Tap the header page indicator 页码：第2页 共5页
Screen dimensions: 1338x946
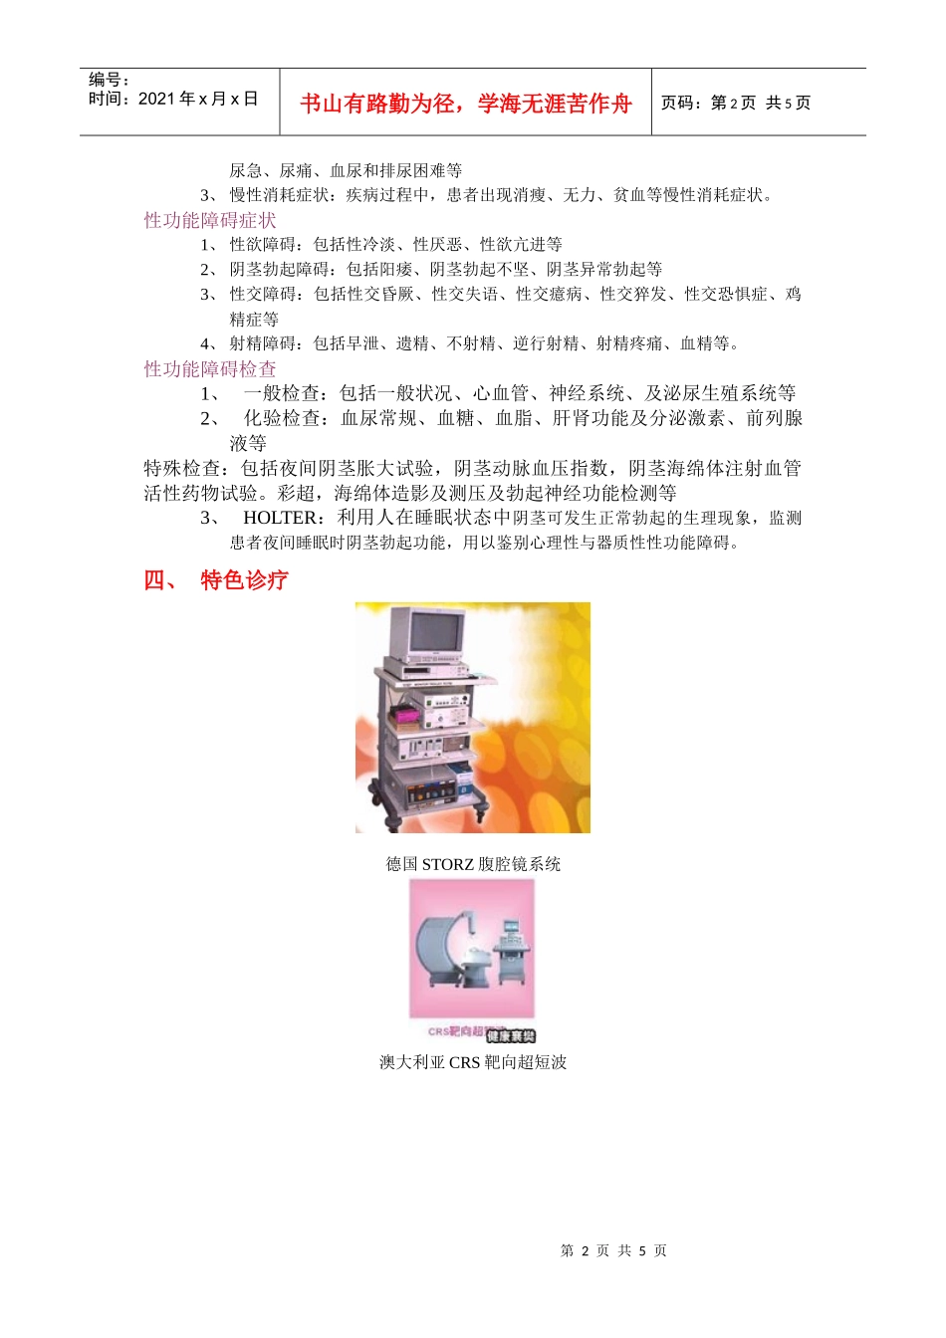tap(736, 103)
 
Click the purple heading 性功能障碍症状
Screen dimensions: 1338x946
tap(210, 220)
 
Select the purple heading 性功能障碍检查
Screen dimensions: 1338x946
tap(210, 369)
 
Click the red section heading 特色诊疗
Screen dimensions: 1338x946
tap(244, 580)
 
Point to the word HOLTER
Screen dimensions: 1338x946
tap(280, 518)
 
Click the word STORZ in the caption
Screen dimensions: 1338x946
tap(447, 864)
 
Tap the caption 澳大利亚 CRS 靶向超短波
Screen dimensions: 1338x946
tap(473, 1062)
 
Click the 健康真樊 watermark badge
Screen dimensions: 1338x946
tap(511, 1035)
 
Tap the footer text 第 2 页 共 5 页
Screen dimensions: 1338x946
tap(613, 1250)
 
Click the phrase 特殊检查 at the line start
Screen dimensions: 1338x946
tap(182, 468)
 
